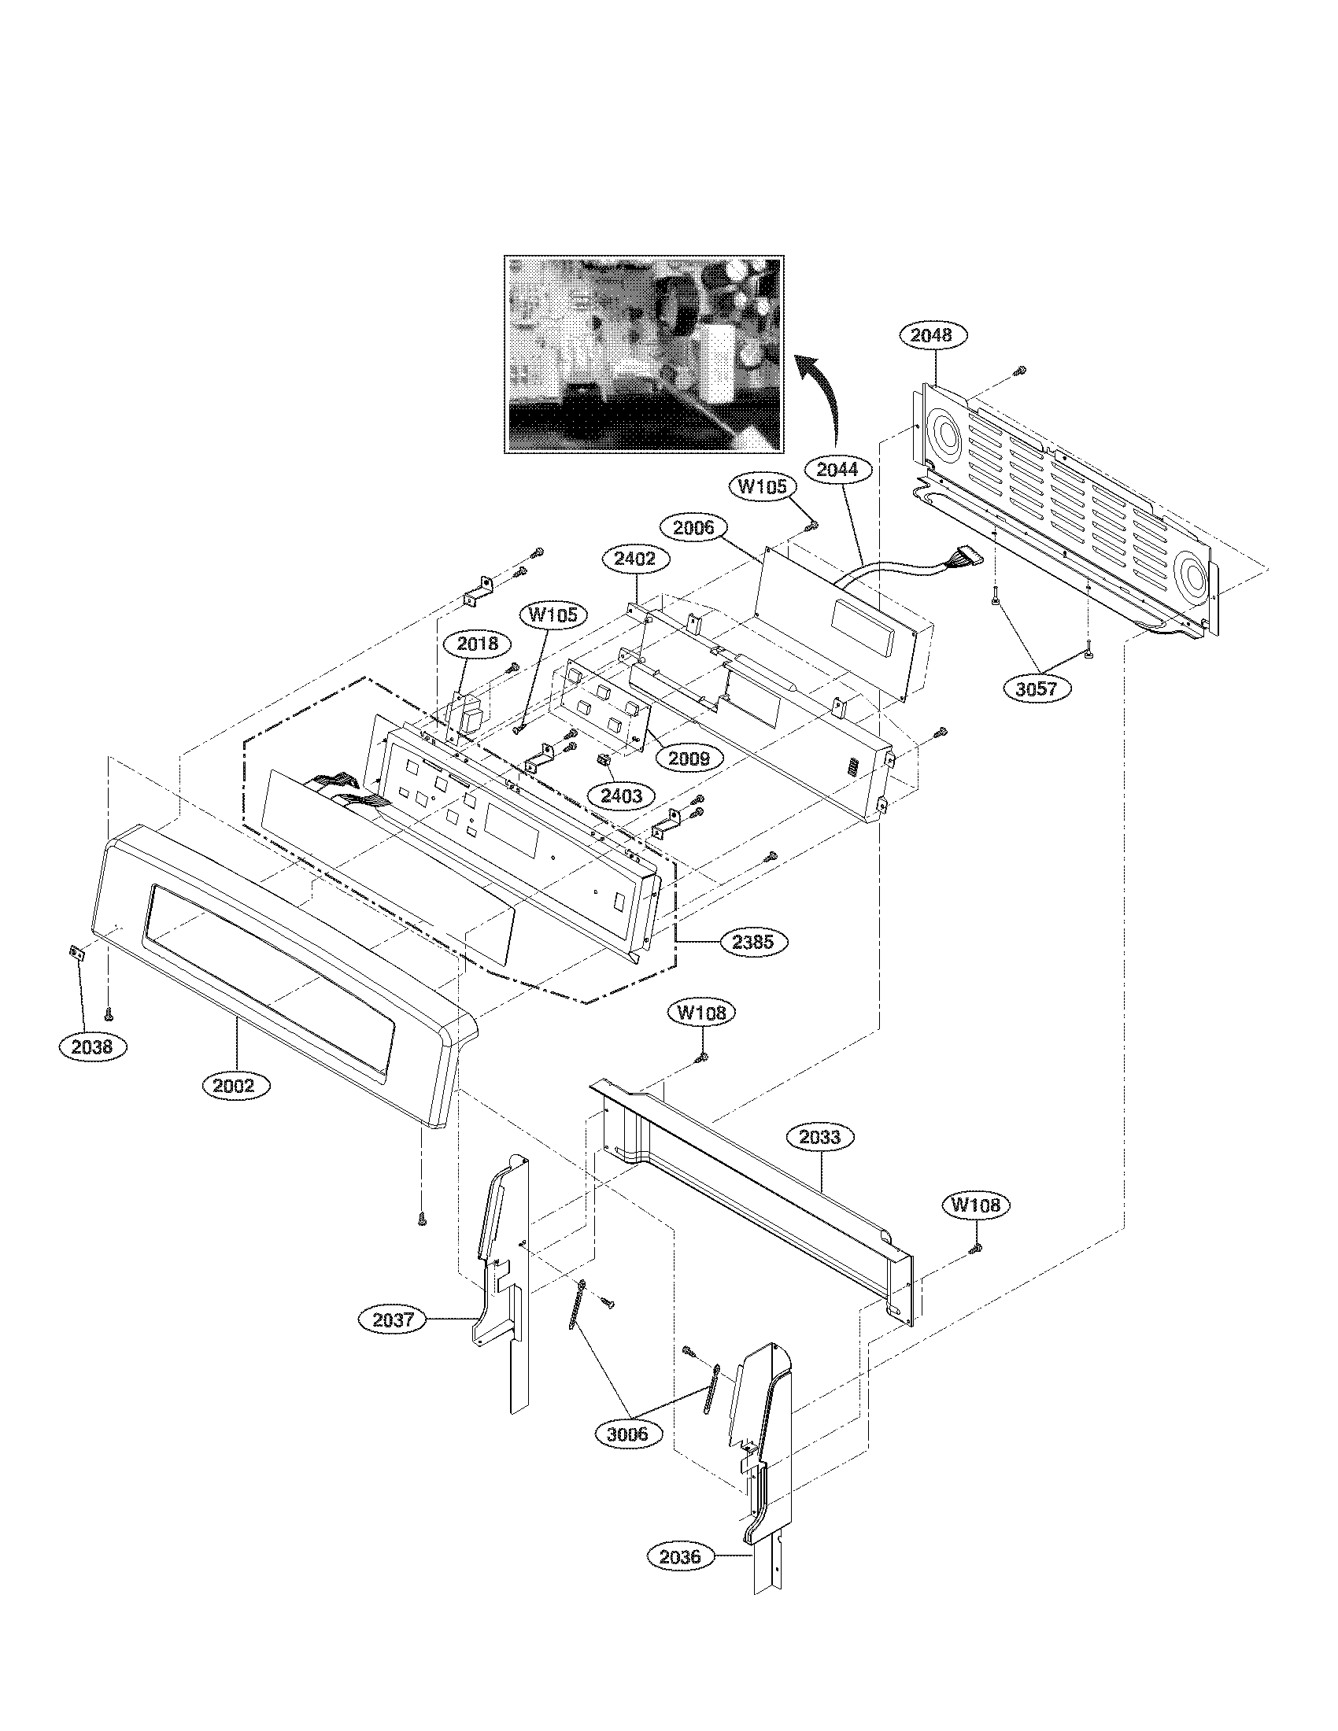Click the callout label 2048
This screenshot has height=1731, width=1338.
pos(930,336)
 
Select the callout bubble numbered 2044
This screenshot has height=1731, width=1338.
pos(837,469)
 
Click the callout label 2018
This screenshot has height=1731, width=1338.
pos(477,644)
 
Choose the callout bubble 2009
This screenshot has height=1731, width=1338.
pos(689,758)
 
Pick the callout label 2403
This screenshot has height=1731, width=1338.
pos(621,795)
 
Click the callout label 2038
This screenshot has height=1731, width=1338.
pos(92,1046)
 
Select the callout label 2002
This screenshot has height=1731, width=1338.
pos(235,1084)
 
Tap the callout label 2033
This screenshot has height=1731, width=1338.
pos(819,1138)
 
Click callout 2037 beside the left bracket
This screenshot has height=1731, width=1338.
pos(394,1320)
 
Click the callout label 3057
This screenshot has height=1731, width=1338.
pos(1037,688)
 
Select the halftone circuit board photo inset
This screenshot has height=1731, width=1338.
pos(644,354)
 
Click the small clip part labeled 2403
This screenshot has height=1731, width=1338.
pos(603,760)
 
